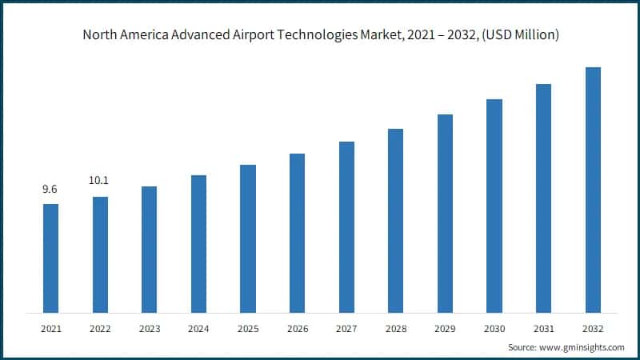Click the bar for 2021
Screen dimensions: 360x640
pos(50,258)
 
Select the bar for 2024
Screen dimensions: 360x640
pos(198,243)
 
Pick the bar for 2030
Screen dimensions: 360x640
pos(494,206)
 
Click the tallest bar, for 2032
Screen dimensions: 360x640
pos(593,190)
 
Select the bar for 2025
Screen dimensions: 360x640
pos(248,238)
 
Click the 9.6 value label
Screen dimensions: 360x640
pos(50,190)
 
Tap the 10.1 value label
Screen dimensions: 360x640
pos(100,182)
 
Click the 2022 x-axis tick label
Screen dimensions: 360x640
pos(100,329)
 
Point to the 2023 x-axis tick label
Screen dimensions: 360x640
pos(149,329)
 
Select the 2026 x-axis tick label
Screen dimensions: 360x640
pos(297,329)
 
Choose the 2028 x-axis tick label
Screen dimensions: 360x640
pos(396,329)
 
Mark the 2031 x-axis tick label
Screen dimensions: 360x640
pos(544,329)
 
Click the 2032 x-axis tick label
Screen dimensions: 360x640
pos(593,329)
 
